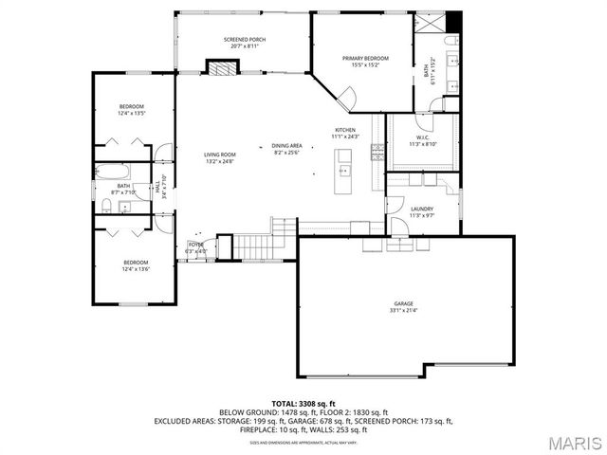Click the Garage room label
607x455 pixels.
pyautogui.click(x=404, y=303)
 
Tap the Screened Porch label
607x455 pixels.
pyautogui.click(x=245, y=40)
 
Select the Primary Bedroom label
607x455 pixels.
pyautogui.click(x=365, y=59)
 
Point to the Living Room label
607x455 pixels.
pyautogui.click(x=219, y=155)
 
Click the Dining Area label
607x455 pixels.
pyautogui.click(x=287, y=146)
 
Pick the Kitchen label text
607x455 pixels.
pyautogui.click(x=344, y=130)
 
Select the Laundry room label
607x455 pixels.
pyautogui.click(x=422, y=209)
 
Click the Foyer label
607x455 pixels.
pyautogui.click(x=196, y=245)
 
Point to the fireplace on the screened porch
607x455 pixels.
pyautogui.click(x=222, y=68)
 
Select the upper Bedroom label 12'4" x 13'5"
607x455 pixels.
pyautogui.click(x=132, y=106)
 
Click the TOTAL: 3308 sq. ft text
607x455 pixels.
pyautogui.click(x=303, y=404)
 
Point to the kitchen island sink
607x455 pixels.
pyautogui.click(x=345, y=172)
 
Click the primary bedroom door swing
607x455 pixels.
pyautogui.click(x=346, y=96)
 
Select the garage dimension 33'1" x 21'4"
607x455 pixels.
pyautogui.click(x=404, y=310)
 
